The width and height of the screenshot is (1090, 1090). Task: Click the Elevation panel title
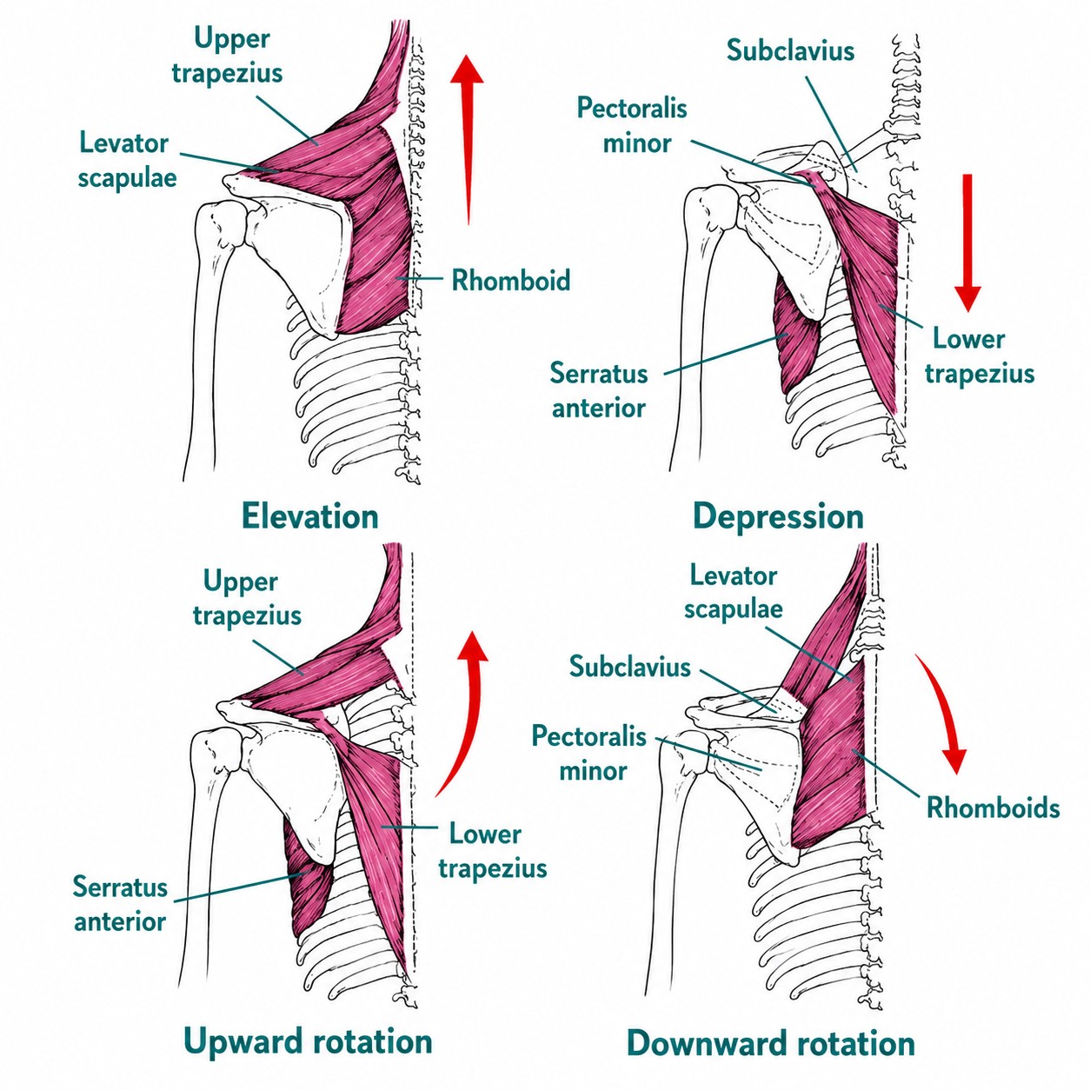[310, 516]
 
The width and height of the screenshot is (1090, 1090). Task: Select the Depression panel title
[778, 517]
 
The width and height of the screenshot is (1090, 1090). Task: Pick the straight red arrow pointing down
[967, 243]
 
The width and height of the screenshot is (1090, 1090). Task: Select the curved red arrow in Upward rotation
[465, 717]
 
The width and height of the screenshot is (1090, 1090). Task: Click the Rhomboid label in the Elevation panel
[511, 281]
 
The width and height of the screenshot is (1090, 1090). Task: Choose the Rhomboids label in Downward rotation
[993, 808]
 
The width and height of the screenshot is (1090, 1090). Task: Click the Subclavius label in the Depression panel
[790, 50]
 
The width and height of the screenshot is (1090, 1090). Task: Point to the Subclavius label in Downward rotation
[629, 667]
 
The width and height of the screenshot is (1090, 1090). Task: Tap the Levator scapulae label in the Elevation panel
[127, 160]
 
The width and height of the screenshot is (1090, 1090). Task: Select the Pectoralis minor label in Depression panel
[633, 125]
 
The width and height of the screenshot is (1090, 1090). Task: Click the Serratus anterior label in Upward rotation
[121, 905]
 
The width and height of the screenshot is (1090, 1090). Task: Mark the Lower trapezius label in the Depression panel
[979, 356]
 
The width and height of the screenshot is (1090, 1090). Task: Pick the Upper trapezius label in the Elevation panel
[227, 56]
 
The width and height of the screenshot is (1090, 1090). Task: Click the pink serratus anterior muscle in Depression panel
[796, 338]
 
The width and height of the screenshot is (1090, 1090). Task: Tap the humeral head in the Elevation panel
[223, 224]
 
